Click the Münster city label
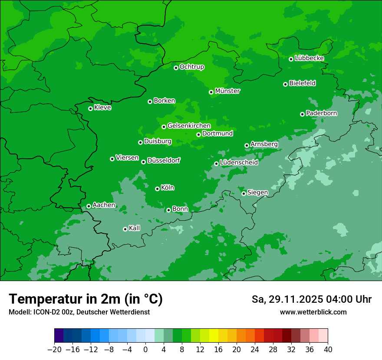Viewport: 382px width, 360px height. pos(227,91)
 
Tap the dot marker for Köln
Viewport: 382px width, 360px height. pos(157,189)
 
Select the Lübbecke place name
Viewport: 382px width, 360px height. pos(309,58)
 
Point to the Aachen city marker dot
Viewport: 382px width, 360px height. pos(89,206)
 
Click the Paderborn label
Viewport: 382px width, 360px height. pos(321,113)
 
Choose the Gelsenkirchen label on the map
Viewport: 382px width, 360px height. pos(189,126)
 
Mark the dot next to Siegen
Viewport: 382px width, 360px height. pos(244,193)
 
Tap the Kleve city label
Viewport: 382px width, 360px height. pos(102,108)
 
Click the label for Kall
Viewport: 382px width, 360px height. pos(135,228)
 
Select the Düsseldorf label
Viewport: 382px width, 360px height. pos(164,160)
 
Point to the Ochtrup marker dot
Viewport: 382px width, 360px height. pos(176,68)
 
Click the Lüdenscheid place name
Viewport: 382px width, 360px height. pos(239,163)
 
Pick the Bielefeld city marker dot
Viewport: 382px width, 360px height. pos(285,84)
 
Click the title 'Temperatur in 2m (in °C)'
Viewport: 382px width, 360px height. pos(86,299)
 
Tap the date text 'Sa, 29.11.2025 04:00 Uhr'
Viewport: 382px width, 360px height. pos(311,299)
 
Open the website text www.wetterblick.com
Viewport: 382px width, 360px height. pos(313,312)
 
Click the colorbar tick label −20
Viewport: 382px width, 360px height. pos(54,350)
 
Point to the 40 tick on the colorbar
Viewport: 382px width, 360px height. pos(328,350)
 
